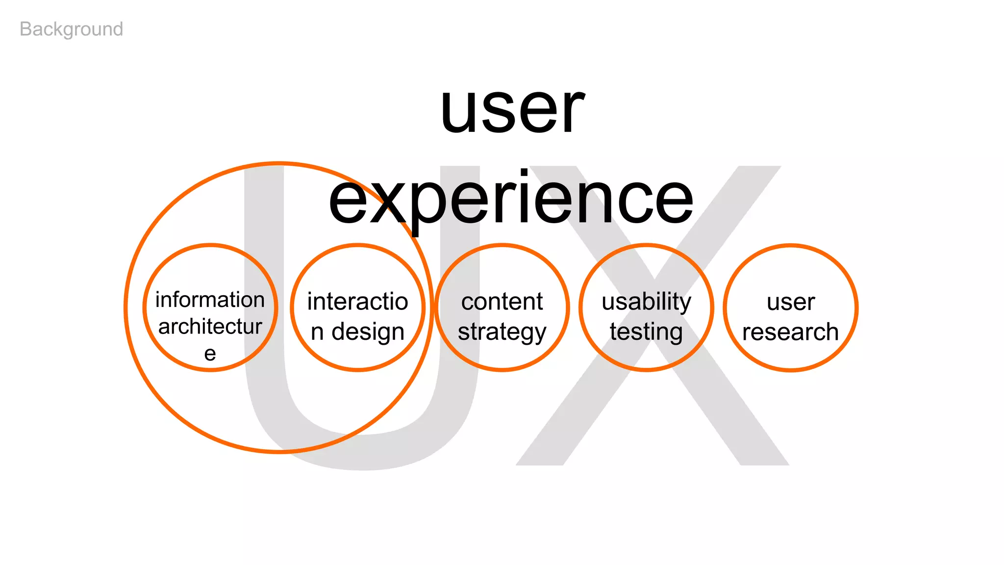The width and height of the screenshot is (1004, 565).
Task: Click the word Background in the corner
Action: pyautogui.click(x=72, y=29)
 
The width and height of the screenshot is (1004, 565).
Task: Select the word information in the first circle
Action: pyautogui.click(x=210, y=300)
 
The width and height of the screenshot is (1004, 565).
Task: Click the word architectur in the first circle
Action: pyautogui.click(x=210, y=327)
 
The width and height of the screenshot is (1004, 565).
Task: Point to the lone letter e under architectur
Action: pyautogui.click(x=210, y=354)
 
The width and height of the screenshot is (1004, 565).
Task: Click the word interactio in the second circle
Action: pyautogui.click(x=357, y=301)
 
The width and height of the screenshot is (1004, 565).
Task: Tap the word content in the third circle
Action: pyautogui.click(x=502, y=301)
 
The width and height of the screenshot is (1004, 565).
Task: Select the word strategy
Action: pyautogui.click(x=502, y=332)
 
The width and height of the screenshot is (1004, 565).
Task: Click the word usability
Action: pyautogui.click(x=647, y=301)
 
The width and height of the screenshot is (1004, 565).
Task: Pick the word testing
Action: pyautogui.click(x=646, y=332)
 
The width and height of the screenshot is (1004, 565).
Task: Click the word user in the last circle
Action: pyautogui.click(x=791, y=302)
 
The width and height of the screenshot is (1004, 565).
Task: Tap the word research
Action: pyautogui.click(x=790, y=332)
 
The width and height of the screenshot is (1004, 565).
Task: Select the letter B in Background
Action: pyautogui.click(x=26, y=29)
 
